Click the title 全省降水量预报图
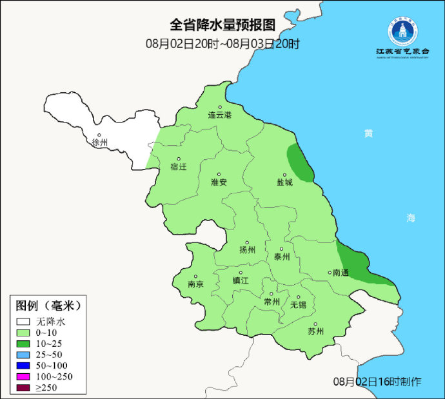coord(222,25)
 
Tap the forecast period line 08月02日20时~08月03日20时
coord(222,44)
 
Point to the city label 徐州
coord(100,142)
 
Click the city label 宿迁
coord(178,166)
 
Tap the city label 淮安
coord(219,182)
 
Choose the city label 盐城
coord(284,182)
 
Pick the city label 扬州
coord(248,250)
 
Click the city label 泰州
coord(282,256)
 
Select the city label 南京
coord(195,284)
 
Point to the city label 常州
coord(272,301)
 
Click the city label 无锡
coord(298,304)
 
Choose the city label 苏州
coord(315,332)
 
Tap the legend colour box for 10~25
coord(25,344)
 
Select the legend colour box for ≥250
coord(25,387)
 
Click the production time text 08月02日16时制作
coord(378,382)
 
